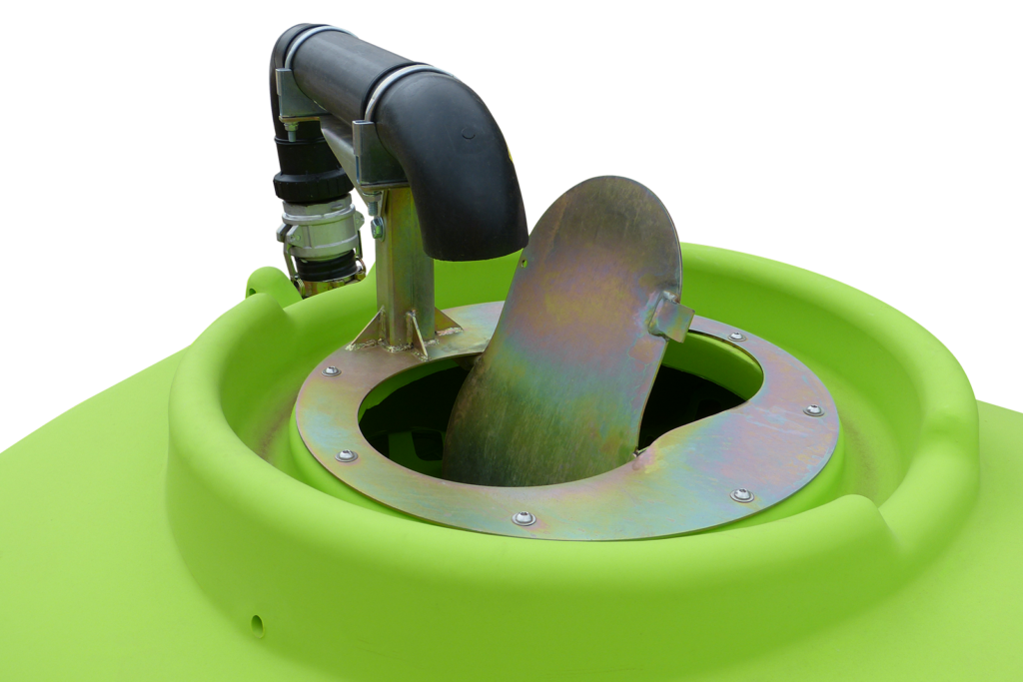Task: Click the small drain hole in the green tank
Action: pyautogui.click(x=258, y=626)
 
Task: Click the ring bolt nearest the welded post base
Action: pyautogui.click(x=331, y=371)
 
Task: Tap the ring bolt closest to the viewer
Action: pyautogui.click(x=523, y=518)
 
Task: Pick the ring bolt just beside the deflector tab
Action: pyautogui.click(x=736, y=337)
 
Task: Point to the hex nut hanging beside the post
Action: pyautogui.click(x=377, y=228)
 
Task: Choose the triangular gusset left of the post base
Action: pyautogui.click(x=370, y=334)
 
